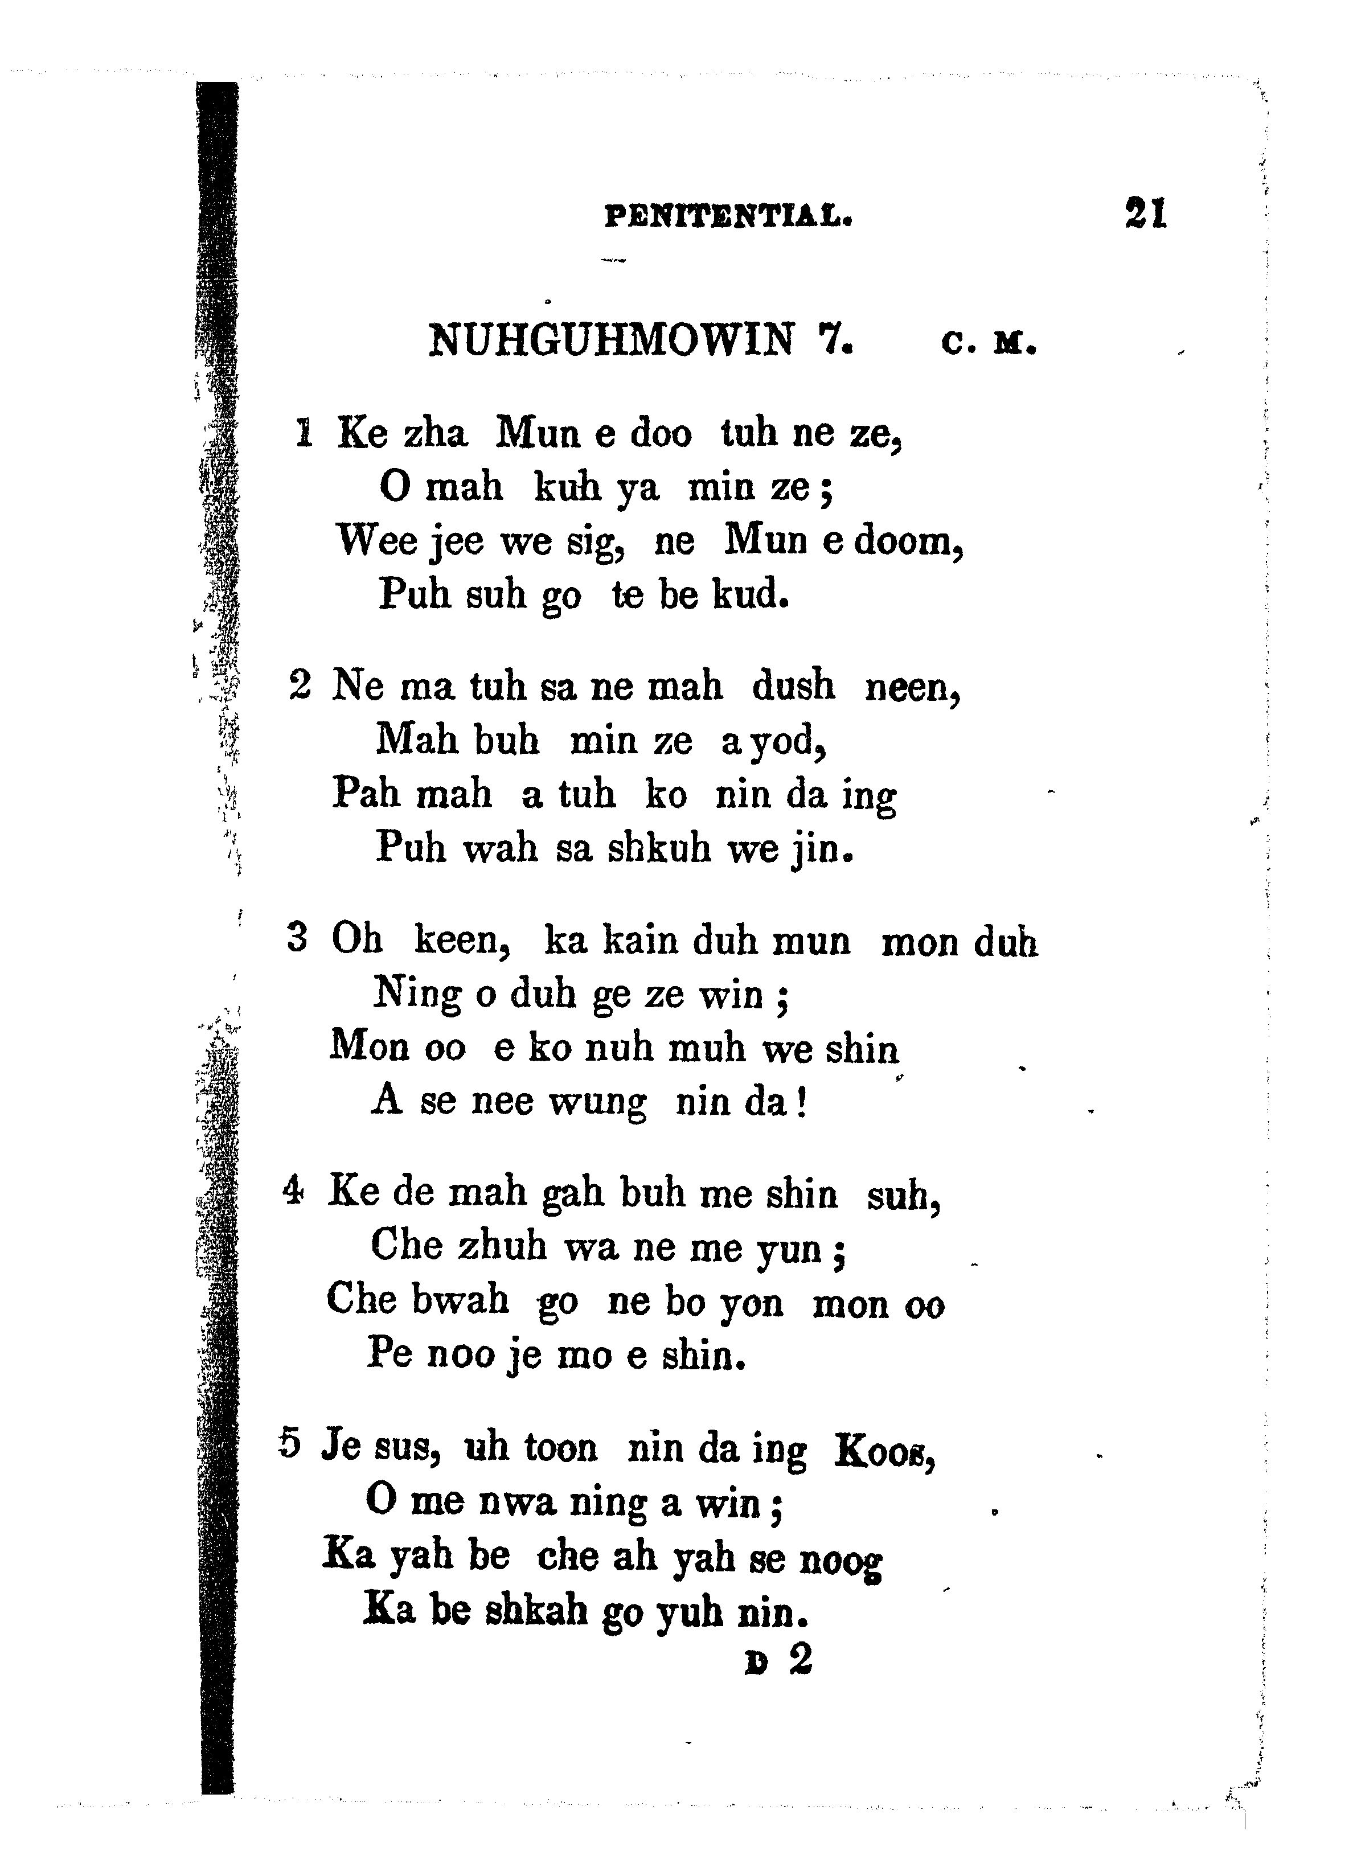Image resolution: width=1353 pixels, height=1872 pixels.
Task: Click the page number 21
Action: pyautogui.click(x=1145, y=213)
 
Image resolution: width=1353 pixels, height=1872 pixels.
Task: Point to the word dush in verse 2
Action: pyautogui.click(x=793, y=686)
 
